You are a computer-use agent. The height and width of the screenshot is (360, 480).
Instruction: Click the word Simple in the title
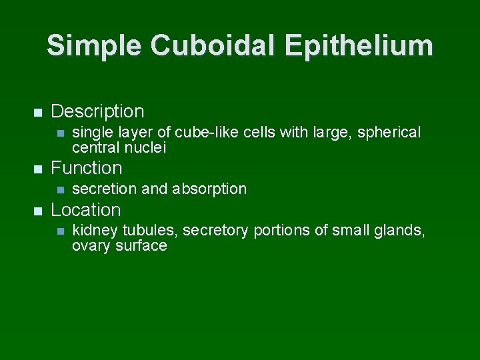coord(94,45)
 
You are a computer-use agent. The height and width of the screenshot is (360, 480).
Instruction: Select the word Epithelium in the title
coord(358,45)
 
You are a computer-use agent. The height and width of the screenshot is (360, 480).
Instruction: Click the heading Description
coord(97,111)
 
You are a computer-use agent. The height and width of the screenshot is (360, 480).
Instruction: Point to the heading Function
coord(87,167)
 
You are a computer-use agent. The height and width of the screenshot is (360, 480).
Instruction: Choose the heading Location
coord(86,210)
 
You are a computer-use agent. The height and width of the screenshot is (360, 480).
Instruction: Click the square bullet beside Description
coord(37,111)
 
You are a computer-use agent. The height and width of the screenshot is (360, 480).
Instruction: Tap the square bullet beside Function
coord(37,168)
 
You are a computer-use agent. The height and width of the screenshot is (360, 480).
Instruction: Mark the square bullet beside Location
coord(37,211)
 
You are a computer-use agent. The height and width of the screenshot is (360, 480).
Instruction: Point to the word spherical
coord(389,133)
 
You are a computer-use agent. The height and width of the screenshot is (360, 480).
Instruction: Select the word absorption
coord(209,189)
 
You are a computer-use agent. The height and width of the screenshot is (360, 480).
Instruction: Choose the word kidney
coord(93,231)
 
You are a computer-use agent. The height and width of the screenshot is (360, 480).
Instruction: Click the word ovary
coord(91,246)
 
